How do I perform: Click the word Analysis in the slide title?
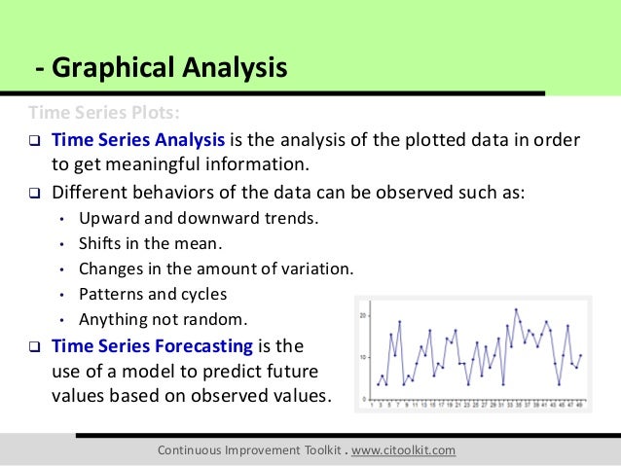tap(232, 69)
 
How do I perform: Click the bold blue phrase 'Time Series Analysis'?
tap(138, 139)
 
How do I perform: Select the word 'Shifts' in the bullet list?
tap(101, 242)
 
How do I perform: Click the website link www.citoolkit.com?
tap(389, 450)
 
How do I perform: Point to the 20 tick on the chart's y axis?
tap(363, 316)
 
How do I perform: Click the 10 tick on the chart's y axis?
tap(363, 357)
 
